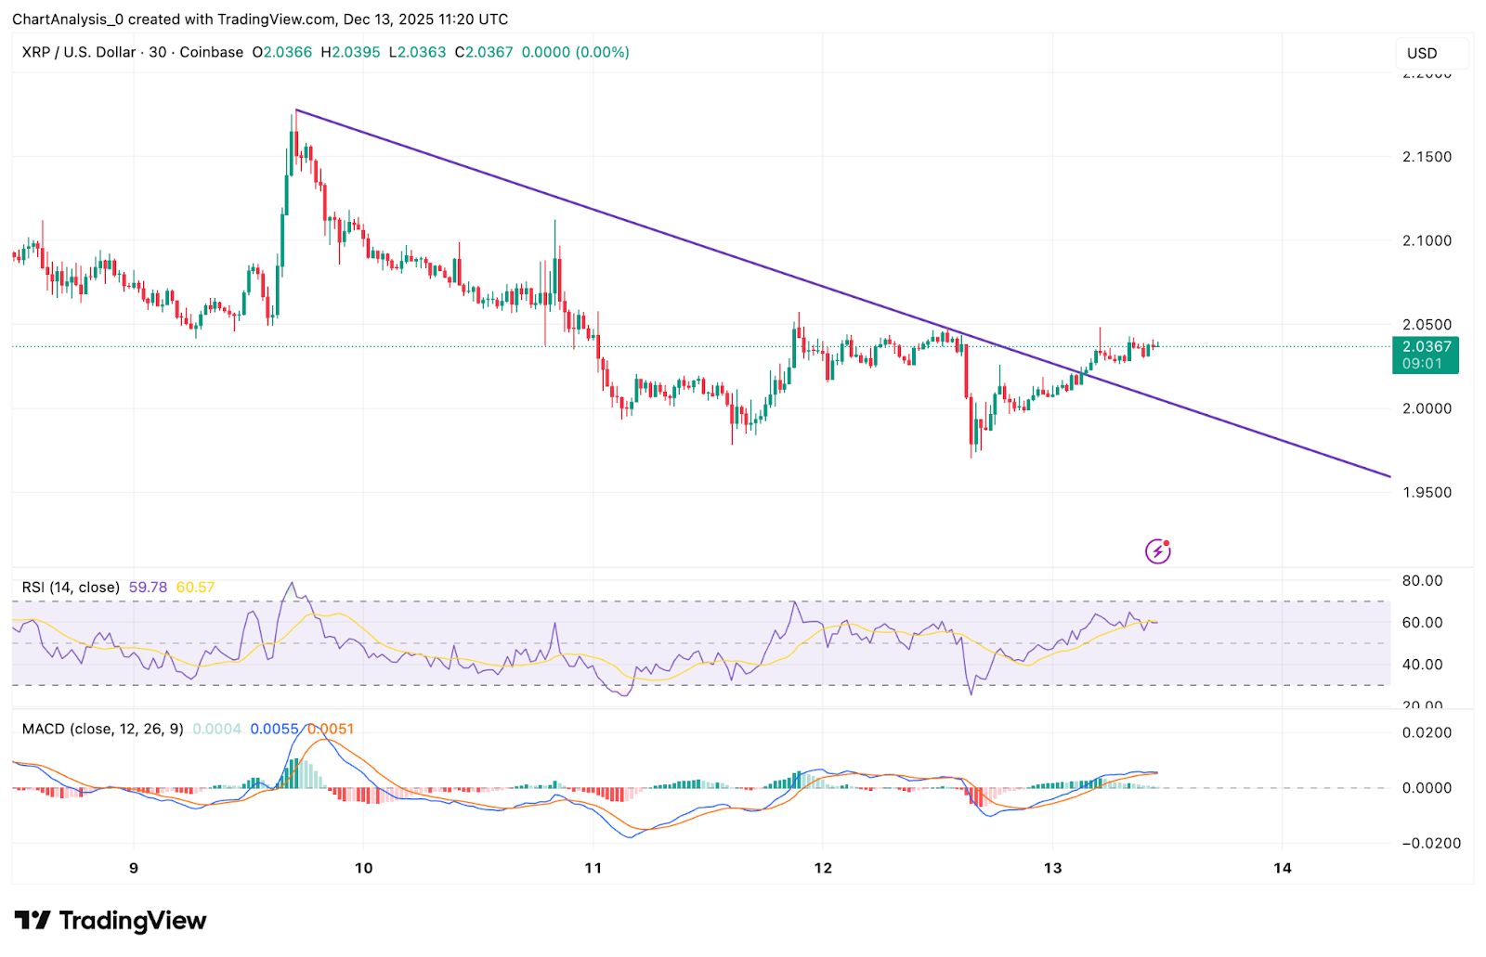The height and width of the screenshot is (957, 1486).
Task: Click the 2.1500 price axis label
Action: tap(1427, 157)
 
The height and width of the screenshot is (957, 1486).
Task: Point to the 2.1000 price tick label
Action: tap(1427, 240)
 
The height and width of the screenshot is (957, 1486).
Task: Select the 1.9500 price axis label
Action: tap(1427, 492)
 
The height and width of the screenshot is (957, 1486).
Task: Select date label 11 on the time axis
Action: tap(593, 868)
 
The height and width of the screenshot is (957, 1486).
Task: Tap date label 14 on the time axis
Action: tap(1282, 868)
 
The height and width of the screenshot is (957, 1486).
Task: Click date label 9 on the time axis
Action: tap(134, 868)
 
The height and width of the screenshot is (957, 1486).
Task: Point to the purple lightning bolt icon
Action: tap(1157, 551)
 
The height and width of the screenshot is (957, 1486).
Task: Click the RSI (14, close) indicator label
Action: tap(71, 588)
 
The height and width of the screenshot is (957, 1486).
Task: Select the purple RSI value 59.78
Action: tap(148, 588)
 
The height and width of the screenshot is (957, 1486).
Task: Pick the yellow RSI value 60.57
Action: tap(195, 588)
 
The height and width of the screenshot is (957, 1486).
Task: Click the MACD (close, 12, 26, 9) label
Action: tap(102, 730)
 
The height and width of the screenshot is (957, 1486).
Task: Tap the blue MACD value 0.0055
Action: tap(274, 730)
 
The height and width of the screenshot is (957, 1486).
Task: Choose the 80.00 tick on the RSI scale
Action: tap(1422, 581)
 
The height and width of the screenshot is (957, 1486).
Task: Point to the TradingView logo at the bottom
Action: tap(111, 921)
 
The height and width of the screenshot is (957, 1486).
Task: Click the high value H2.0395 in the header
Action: tap(350, 53)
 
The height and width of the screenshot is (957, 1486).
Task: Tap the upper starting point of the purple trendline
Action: tap(295, 110)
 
